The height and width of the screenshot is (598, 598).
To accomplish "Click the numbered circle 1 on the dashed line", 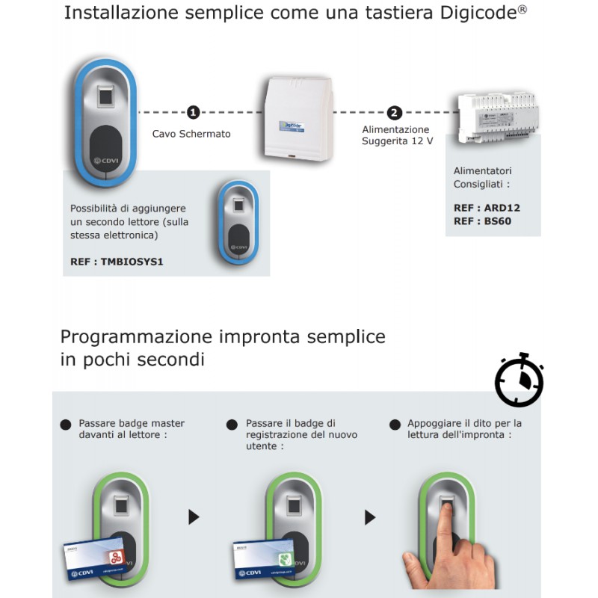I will pos(194,113).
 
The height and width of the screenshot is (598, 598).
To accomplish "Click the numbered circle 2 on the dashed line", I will pos(395,113).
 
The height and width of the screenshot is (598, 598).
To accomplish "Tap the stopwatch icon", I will pos(519,380).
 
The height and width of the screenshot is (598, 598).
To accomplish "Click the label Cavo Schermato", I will pos(191,135).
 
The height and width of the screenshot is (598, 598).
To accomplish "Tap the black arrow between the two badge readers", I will pos(194,517).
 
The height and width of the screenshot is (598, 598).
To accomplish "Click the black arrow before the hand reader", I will pos(369,517).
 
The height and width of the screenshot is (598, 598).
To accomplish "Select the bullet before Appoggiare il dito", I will pos(394,424).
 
